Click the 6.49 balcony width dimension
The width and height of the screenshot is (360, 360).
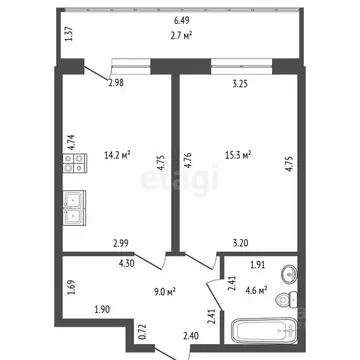tap(181, 19)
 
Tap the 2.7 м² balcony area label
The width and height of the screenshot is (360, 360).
tap(181, 33)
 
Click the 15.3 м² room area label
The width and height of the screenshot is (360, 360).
tap(236, 155)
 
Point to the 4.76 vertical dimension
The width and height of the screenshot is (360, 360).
tap(187, 158)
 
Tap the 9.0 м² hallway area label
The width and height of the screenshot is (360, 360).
tap(166, 292)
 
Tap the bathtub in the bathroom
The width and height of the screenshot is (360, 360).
tap(262, 331)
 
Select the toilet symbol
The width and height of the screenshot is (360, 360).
tap(283, 301)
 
